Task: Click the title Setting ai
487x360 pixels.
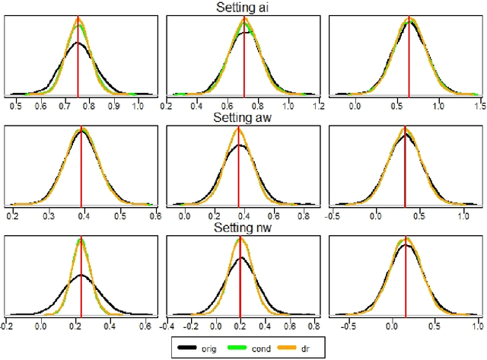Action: coord(243,7)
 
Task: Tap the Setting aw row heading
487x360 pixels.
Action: coord(243,118)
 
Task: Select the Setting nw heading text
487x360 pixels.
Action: coord(243,228)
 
